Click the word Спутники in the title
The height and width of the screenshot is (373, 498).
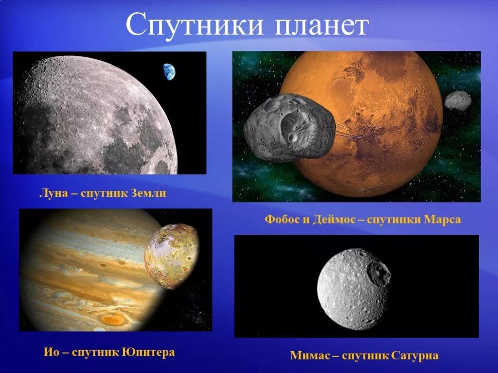coord(195,27)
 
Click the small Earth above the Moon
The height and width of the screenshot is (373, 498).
coord(169,72)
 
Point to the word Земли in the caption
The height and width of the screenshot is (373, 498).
coord(148,193)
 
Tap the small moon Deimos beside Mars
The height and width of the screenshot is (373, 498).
coord(458,101)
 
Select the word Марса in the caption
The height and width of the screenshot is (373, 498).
coord(442,220)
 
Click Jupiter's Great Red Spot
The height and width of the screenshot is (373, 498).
coord(113,319)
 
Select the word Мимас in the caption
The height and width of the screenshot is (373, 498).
coord(309,356)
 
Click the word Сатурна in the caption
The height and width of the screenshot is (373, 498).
coord(416,356)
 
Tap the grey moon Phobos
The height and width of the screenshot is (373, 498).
coord(289,127)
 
